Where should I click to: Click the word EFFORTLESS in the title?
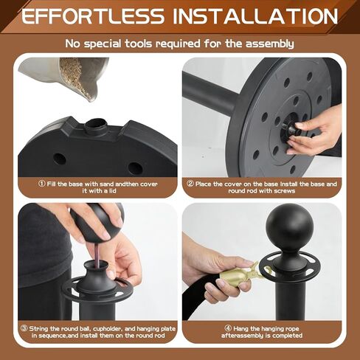coord(93,16)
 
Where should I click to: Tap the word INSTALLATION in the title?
coord(255,16)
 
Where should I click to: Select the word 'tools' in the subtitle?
coord(139,44)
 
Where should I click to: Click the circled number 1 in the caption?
coord(42,184)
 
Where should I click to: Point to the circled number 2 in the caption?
coord(190,184)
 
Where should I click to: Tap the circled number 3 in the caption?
coord(24,328)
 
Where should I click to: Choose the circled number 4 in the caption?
coord(228,328)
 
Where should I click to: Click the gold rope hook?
coord(240,274)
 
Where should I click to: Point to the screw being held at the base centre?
coord(292,127)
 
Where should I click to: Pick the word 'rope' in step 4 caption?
coord(292,329)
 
